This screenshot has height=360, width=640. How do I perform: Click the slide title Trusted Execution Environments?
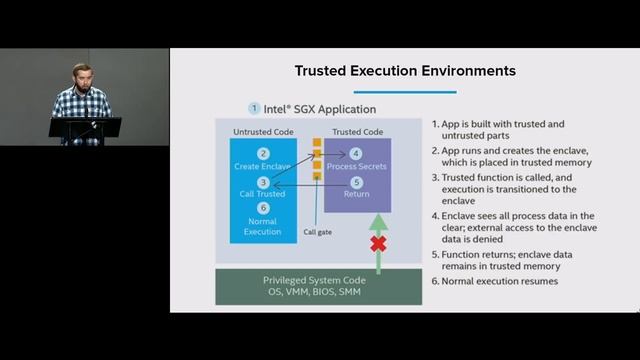coord(405,71)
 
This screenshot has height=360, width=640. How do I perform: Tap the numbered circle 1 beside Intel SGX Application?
coord(255,108)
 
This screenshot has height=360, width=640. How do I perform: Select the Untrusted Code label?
coord(263,131)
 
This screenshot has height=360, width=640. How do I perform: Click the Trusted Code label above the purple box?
coord(357,131)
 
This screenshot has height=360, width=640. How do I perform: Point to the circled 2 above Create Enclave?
coord(263,153)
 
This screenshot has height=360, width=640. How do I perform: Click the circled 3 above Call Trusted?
coord(263,182)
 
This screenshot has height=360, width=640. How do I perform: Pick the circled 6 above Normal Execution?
coord(263,208)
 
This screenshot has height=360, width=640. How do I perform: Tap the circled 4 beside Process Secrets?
coord(356,153)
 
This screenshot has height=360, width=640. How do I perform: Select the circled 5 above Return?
coord(356,182)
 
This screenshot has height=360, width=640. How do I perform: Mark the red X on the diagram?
coord(378,243)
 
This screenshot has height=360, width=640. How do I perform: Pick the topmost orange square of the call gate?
coord(316,142)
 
